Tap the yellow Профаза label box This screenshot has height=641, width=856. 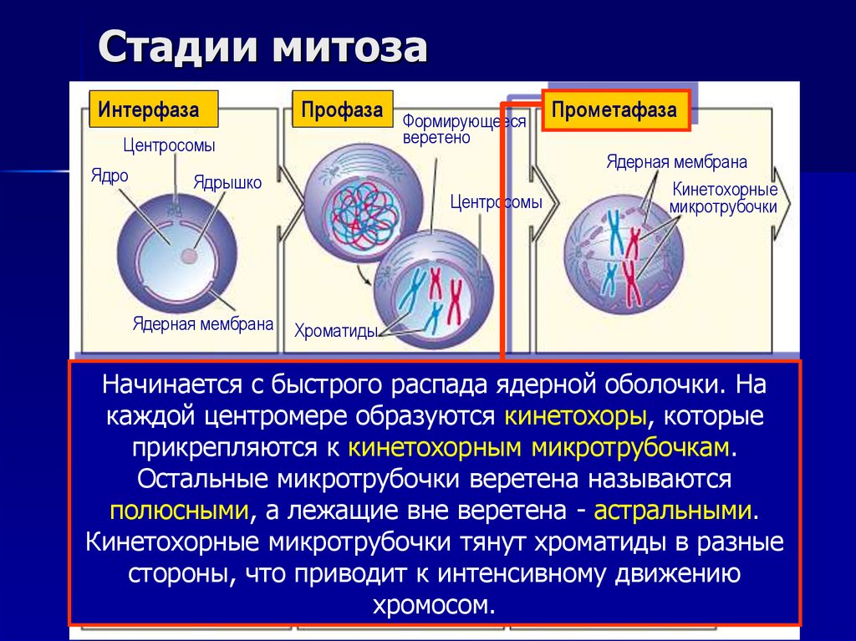pos(342,109)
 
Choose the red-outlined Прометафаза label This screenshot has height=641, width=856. pos(614,110)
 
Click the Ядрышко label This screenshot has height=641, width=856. pos(228,182)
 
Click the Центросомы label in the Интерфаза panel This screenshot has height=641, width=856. pos(169,145)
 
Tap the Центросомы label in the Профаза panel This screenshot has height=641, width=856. pos(496,201)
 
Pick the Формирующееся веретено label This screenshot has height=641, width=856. pos(464,130)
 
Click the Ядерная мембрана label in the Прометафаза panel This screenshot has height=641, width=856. pos(676,162)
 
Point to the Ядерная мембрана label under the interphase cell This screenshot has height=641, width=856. pos(203,323)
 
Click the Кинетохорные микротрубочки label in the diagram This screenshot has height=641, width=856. pos(725,198)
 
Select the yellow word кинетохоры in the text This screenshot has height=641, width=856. pos(574,415)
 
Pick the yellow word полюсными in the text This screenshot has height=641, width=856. pos(179,510)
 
